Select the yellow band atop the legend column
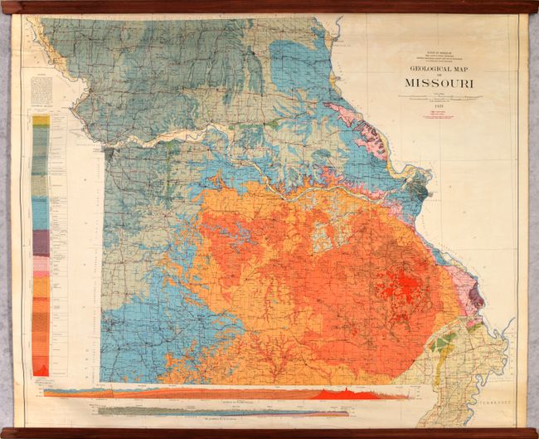(x=40, y=120)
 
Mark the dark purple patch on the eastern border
(x=474, y=293)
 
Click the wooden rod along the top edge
(x=269, y=7)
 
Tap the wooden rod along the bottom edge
(x=269, y=432)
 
